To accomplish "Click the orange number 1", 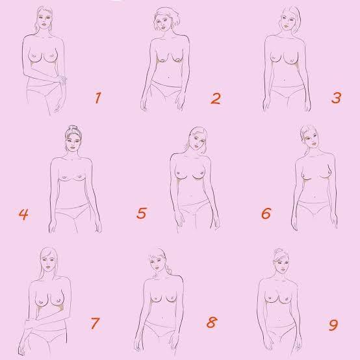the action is click(98, 98).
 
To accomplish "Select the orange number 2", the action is click(216, 99).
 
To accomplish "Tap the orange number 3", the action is click(337, 98).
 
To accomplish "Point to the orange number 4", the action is click(23, 214).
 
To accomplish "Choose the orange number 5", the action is click(142, 213).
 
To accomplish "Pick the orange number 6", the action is click(266, 213).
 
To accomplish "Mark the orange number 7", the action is click(95, 323).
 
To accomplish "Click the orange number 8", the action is click(212, 322).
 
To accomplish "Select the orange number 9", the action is click(333, 325).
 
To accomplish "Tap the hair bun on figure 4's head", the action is click(73, 129).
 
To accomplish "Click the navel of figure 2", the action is click(169, 77).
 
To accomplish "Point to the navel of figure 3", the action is click(285, 80).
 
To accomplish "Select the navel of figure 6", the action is click(314, 196).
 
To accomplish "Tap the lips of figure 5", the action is click(196, 146).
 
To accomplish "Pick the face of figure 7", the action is click(47, 261).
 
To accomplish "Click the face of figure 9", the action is click(281, 263).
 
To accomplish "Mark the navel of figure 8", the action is click(163, 318).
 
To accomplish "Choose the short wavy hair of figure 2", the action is click(167, 17).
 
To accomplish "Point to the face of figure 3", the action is click(287, 19).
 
